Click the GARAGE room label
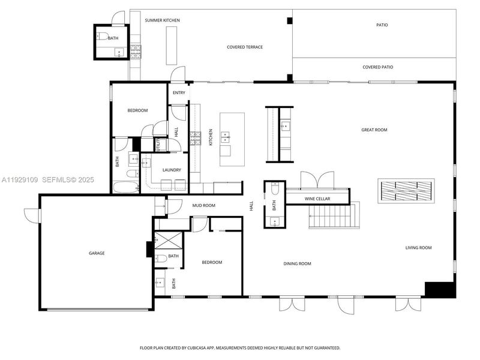(97, 253)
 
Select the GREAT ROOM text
(374, 130)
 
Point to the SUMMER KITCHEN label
(162, 20)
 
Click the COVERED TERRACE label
(245, 47)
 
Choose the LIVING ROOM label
(418, 247)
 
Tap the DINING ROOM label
(297, 263)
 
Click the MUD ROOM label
(204, 206)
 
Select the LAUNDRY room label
(172, 170)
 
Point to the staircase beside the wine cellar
(334, 216)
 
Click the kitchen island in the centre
(229, 139)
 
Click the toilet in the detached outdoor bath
(102, 36)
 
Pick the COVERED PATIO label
(378, 67)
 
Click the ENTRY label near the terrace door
(179, 92)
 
